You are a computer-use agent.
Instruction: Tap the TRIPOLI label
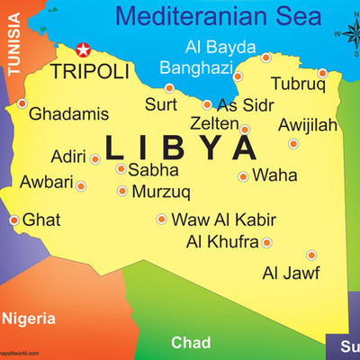(x=90, y=71)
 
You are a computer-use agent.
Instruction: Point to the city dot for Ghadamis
(x=22, y=103)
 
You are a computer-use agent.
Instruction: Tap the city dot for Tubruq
(x=323, y=73)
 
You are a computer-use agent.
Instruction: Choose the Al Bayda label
(x=220, y=46)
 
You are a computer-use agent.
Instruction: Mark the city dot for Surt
(x=169, y=88)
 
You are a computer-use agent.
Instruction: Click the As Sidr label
(x=245, y=104)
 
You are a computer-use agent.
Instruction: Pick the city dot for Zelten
(x=245, y=130)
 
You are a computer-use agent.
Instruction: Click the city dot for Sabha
(x=121, y=168)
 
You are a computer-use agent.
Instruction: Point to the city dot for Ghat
(x=13, y=220)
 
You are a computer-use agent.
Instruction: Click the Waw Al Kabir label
(x=223, y=220)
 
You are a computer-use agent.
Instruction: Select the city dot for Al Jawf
(x=311, y=255)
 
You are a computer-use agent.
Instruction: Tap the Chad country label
(x=191, y=343)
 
